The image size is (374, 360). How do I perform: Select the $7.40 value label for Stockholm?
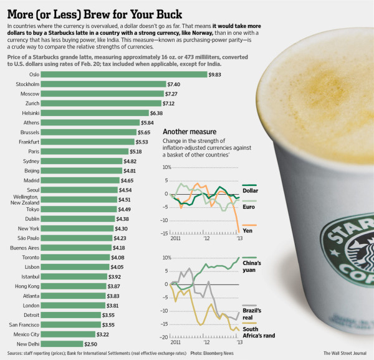(x=174, y=84)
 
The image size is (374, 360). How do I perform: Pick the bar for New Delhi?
(x=62, y=343)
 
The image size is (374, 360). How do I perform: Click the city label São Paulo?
(x=26, y=238)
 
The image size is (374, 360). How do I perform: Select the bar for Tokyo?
(x=79, y=209)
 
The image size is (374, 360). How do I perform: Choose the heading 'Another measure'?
(x=189, y=132)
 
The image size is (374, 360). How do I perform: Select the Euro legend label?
(x=250, y=205)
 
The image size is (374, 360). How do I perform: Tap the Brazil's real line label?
(x=252, y=313)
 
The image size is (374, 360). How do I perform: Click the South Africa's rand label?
(x=252, y=332)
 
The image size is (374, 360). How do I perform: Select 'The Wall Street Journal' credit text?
(x=346, y=354)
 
